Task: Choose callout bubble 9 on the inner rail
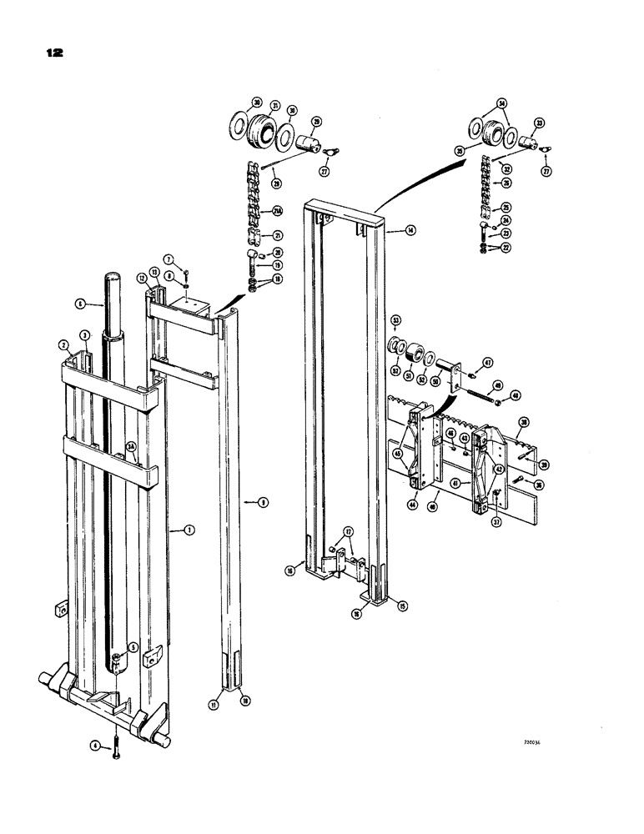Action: tap(263, 503)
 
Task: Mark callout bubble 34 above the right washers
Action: tap(501, 103)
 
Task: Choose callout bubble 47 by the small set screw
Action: tap(486, 363)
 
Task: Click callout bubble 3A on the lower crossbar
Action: tap(131, 447)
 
